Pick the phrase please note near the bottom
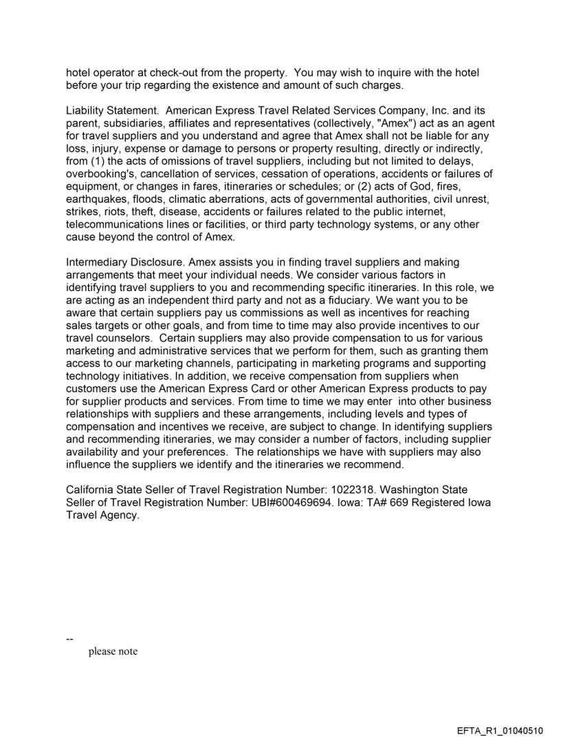pyautogui.click(x=113, y=651)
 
